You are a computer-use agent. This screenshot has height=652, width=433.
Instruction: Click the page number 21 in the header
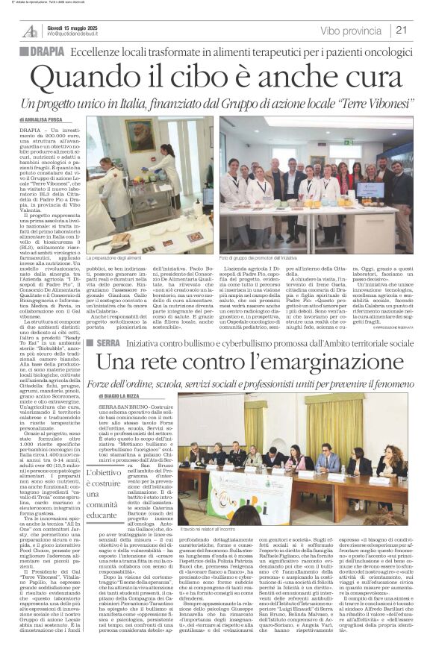402,31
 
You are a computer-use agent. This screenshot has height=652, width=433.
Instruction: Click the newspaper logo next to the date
30,31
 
